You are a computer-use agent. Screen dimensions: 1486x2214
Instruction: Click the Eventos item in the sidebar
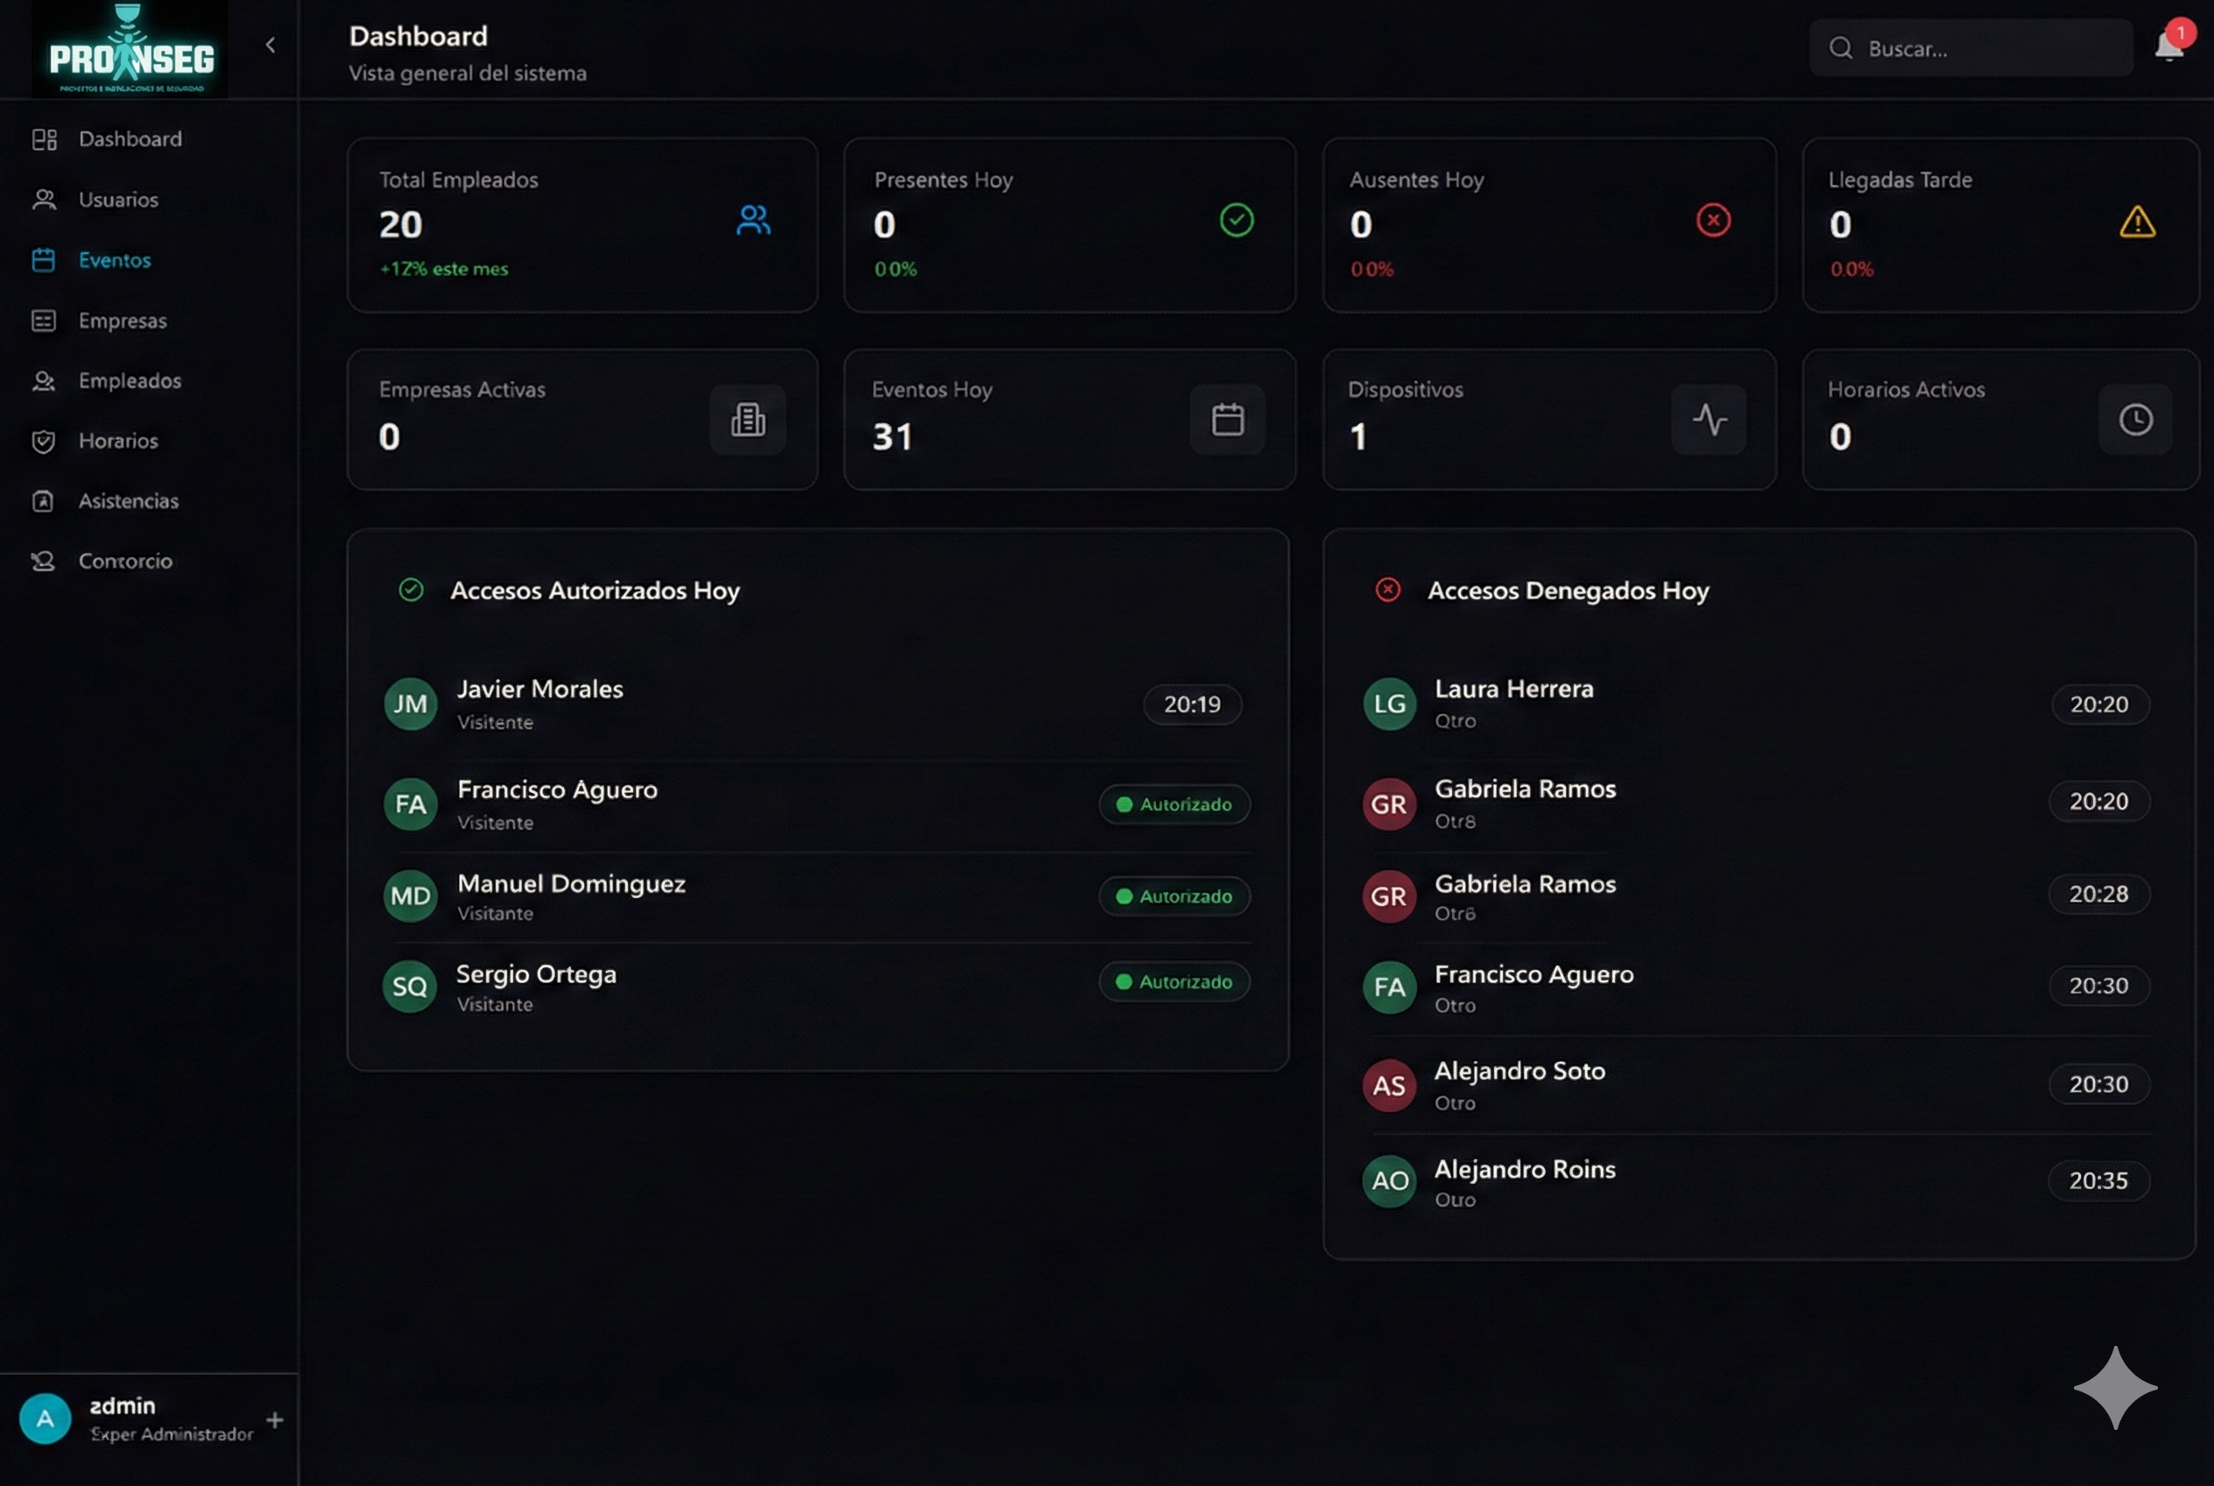point(114,259)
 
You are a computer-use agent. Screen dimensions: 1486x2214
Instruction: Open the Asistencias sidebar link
point(128,500)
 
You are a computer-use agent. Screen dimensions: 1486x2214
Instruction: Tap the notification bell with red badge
point(2168,46)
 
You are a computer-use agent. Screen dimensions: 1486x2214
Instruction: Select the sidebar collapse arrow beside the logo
point(271,45)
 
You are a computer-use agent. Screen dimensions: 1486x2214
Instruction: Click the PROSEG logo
point(130,52)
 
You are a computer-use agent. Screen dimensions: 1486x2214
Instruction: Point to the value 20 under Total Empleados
point(401,224)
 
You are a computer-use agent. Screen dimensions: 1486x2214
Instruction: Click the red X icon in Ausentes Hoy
point(1713,220)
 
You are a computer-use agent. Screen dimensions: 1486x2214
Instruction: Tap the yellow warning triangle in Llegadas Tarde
point(2137,222)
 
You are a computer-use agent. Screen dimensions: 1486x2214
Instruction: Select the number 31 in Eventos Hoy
point(892,437)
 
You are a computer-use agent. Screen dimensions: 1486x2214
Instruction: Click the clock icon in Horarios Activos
point(2135,419)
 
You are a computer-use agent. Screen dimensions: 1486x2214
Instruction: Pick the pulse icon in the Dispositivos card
point(1709,419)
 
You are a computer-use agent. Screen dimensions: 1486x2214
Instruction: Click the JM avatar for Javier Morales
point(410,704)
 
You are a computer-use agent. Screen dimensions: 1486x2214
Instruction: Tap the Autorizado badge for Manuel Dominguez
point(1174,895)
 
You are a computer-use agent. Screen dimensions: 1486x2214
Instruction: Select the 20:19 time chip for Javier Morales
point(1192,704)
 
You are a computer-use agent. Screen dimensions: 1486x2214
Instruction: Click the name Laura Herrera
point(1513,689)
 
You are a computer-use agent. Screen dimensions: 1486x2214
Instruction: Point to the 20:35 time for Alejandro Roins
point(2098,1181)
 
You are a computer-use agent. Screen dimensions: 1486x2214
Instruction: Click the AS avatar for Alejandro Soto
point(1389,1085)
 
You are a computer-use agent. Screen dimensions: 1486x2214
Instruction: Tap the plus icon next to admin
point(275,1419)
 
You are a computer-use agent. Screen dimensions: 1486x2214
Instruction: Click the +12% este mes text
point(444,269)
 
